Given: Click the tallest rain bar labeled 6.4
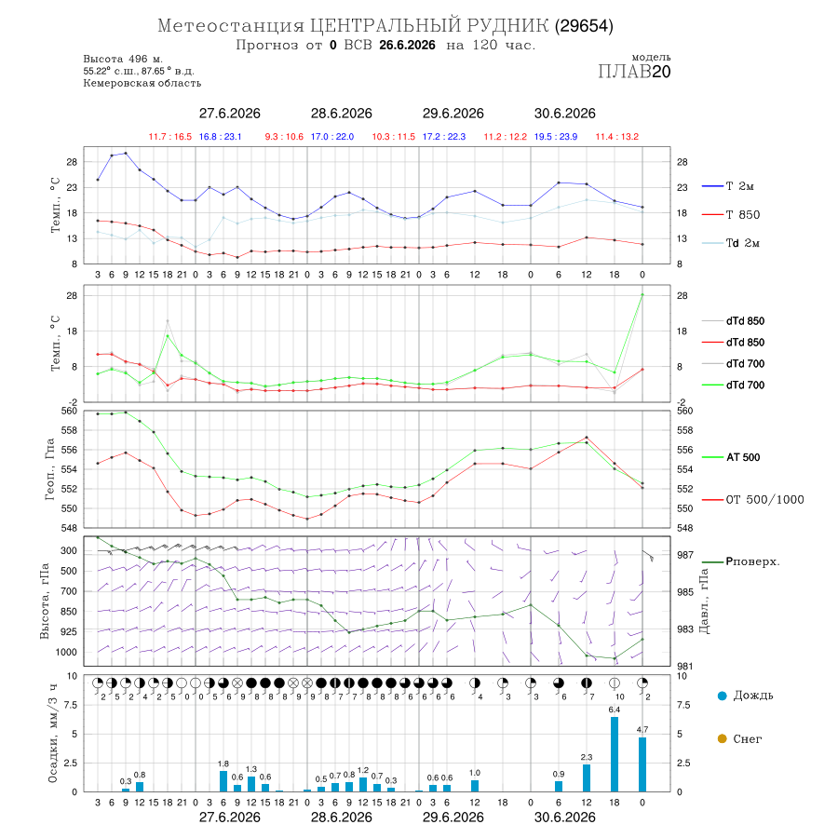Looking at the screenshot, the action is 615,754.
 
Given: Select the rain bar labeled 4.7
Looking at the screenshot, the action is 642,764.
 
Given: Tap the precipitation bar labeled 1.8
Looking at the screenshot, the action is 223,781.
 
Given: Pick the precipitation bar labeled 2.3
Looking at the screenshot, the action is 587,777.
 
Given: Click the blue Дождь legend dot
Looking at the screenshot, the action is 723,696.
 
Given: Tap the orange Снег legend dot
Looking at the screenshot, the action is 723,738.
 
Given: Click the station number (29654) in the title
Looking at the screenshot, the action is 584,26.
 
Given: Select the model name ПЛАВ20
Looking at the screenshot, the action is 634,71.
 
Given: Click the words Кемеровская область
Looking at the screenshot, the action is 142,83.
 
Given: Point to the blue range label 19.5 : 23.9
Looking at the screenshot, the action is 556,137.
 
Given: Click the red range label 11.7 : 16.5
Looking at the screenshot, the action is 170,137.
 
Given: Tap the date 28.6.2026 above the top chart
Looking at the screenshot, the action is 342,114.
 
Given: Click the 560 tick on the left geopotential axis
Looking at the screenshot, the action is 70,411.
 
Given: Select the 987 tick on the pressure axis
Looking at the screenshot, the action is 685,555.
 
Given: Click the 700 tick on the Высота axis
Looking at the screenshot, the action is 69,591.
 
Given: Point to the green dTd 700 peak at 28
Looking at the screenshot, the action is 642,294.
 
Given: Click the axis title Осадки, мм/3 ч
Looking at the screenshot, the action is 52,734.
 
